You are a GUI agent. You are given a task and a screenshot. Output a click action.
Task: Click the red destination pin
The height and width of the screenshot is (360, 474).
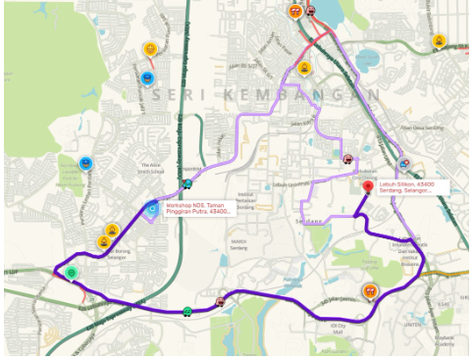[x=368, y=186]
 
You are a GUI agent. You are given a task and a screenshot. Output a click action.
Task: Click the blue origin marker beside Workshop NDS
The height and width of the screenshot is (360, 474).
[x=152, y=208]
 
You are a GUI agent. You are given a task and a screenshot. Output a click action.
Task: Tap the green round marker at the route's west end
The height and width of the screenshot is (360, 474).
[x=72, y=272]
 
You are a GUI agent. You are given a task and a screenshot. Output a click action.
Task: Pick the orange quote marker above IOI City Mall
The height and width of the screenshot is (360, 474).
[x=369, y=290]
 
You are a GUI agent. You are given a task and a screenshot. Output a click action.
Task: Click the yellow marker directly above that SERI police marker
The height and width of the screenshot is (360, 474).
[x=150, y=48]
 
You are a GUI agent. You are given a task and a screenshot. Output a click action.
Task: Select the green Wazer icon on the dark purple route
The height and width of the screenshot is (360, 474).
[x=186, y=311]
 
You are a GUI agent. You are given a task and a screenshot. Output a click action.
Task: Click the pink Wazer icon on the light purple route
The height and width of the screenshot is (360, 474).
[x=347, y=156]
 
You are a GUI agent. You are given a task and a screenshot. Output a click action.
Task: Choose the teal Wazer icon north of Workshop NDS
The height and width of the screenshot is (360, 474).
[x=185, y=182]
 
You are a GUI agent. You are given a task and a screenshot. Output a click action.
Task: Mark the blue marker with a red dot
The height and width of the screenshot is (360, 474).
[x=404, y=163]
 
